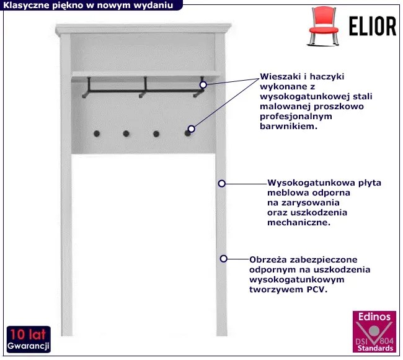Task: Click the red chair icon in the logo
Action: coord(323,26)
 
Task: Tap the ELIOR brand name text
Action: coord(373,26)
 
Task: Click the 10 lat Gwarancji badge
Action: coord(29,339)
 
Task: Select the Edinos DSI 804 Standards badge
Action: coord(374,331)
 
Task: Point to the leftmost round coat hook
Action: coord(97,133)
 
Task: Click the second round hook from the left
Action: coord(126,133)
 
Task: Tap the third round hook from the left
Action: coord(156,134)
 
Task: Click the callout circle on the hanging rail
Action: coord(203,84)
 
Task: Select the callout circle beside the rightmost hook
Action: coord(191,128)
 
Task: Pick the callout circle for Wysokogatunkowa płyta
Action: coord(221,184)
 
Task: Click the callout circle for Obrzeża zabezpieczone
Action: coord(223,259)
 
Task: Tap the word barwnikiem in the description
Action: coord(287,126)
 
